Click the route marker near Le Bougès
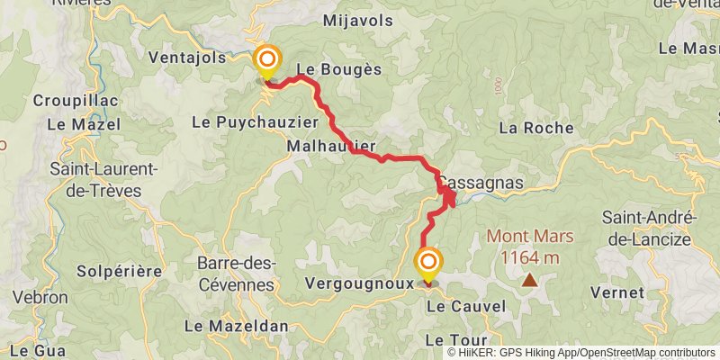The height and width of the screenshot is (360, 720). (x=267, y=61)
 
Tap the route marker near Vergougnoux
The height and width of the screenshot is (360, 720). (x=428, y=262)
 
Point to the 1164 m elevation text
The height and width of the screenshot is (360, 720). (x=529, y=258)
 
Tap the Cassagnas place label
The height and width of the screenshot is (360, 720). (x=481, y=182)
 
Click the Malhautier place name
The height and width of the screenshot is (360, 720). (x=330, y=146)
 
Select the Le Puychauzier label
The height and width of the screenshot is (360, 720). (x=256, y=121)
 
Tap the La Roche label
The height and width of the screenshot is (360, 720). (x=536, y=128)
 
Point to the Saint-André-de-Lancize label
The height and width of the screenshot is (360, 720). (x=646, y=229)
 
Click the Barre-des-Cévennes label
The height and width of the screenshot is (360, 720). (x=236, y=274)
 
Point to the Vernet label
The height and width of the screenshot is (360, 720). (x=617, y=292)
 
